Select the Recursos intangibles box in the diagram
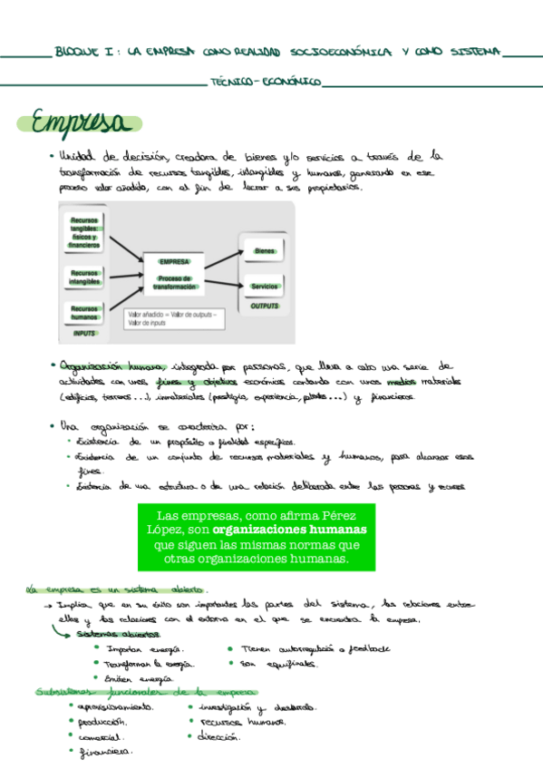tap(84, 277)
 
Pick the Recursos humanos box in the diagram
tap(84, 312)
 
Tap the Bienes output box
tap(265, 250)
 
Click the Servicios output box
tap(265, 287)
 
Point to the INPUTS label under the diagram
tap(84, 334)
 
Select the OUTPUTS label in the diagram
tap(265, 307)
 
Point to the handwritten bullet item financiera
tap(106, 751)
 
